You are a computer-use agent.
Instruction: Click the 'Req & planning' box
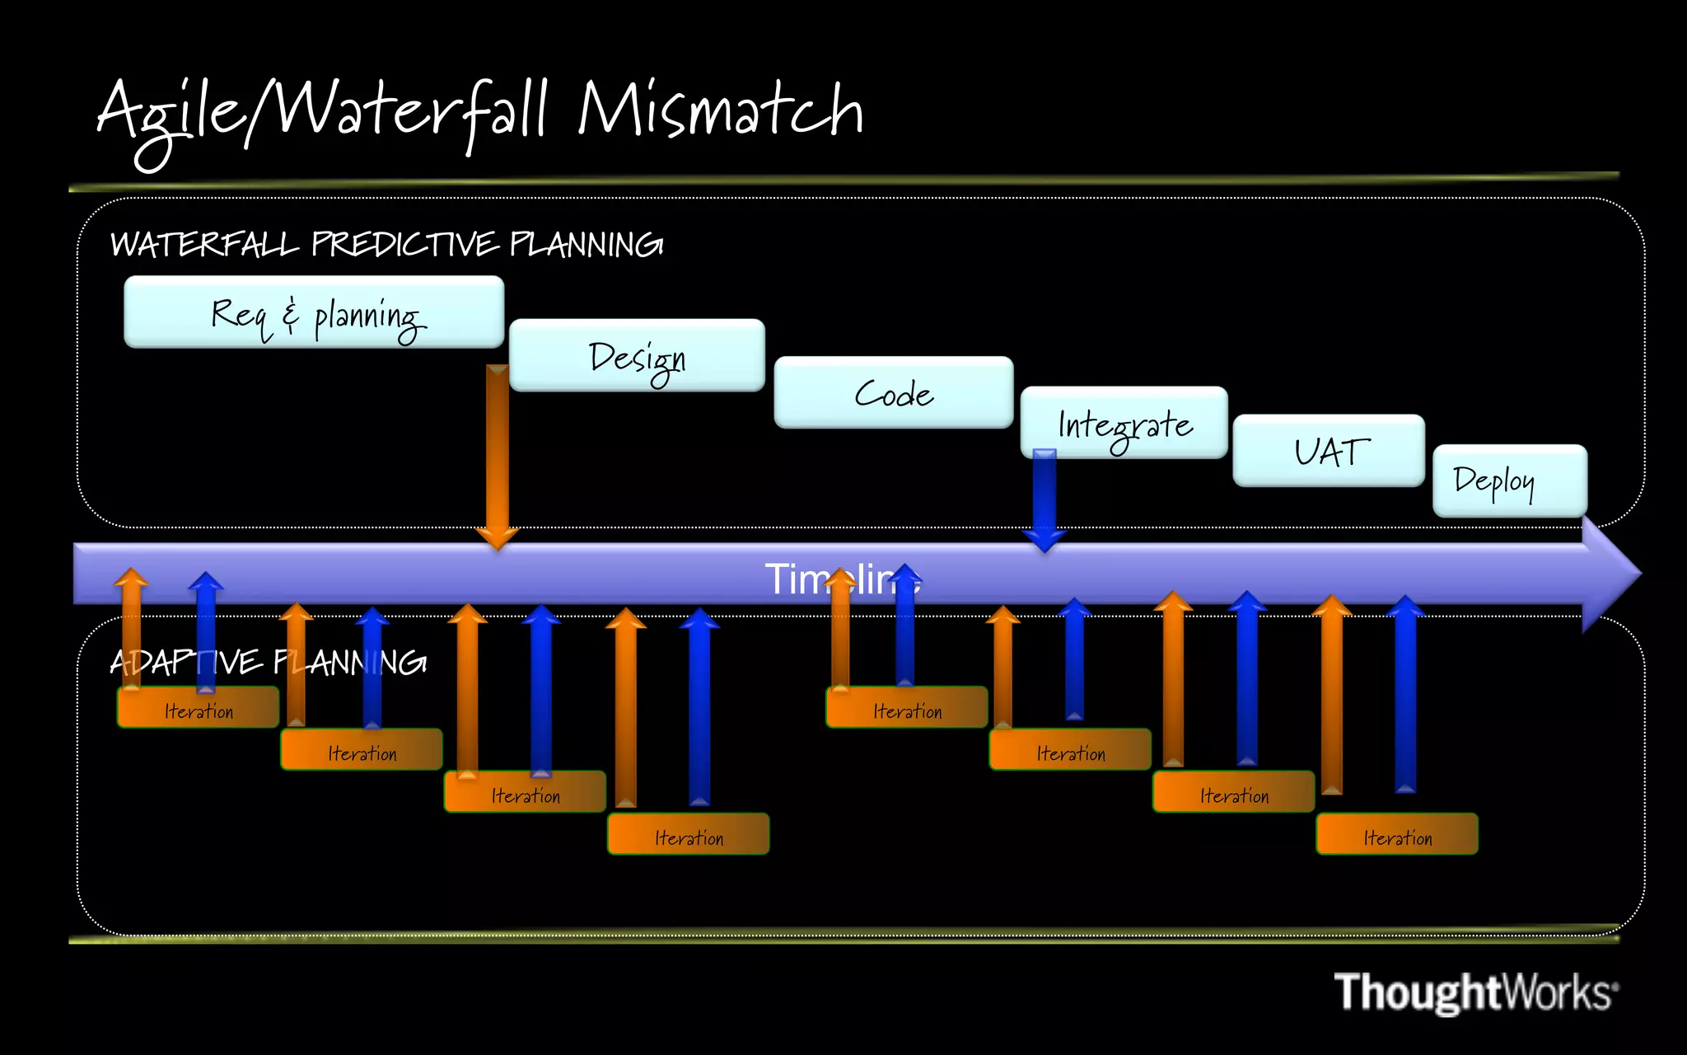click(x=313, y=312)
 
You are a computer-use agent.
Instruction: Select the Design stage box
click(x=637, y=355)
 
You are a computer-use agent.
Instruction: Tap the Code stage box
click(x=893, y=392)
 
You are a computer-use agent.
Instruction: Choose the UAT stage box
click(x=1328, y=451)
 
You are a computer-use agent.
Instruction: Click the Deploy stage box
click(x=1509, y=481)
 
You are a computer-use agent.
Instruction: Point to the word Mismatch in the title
click(x=720, y=111)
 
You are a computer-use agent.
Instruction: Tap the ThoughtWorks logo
click(x=1475, y=992)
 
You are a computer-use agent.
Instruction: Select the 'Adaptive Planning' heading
click(x=268, y=663)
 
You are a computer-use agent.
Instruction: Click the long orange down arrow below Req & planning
click(x=497, y=453)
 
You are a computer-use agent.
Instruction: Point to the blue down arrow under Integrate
click(x=1044, y=499)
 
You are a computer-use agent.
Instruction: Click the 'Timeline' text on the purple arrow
click(x=842, y=579)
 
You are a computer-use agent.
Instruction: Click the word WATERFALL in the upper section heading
click(x=204, y=245)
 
